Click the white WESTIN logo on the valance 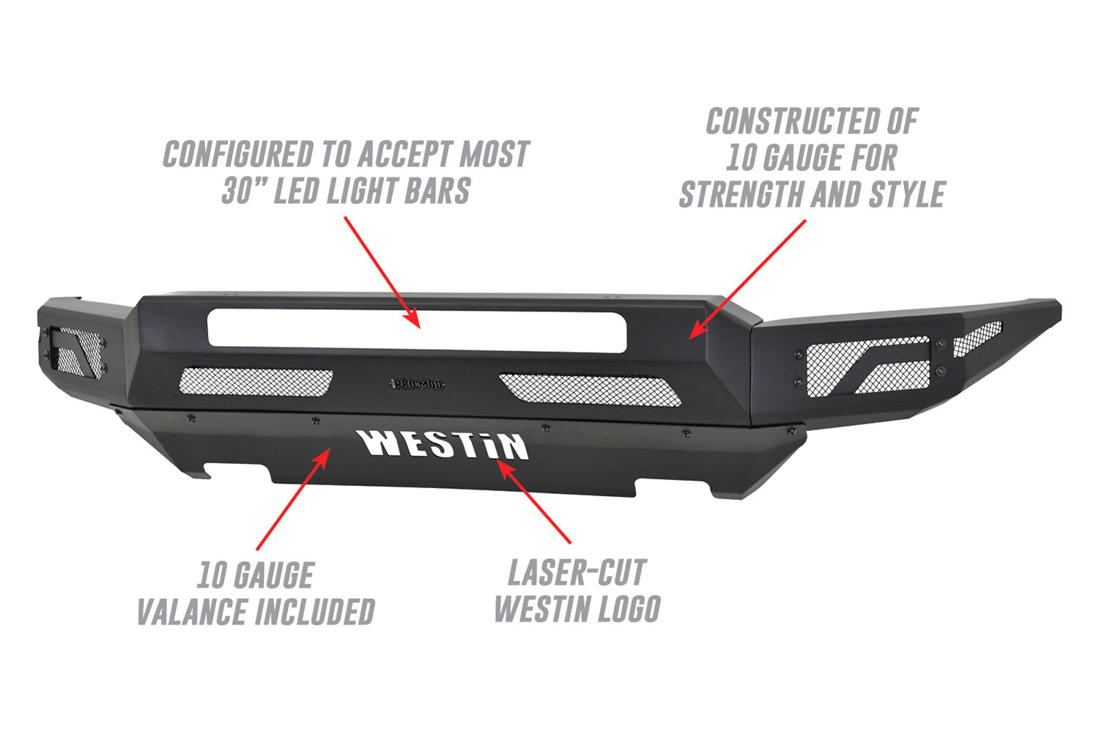click(x=444, y=445)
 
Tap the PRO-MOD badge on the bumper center click(x=417, y=384)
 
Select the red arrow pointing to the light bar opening click(x=382, y=272)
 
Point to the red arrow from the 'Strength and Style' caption click(x=747, y=279)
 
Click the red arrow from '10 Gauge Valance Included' click(x=293, y=499)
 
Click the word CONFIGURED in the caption click(x=238, y=154)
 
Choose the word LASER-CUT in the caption click(x=577, y=572)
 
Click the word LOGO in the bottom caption click(x=628, y=609)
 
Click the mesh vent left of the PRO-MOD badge click(x=256, y=381)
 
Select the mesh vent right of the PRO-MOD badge click(x=590, y=390)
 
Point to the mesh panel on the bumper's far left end click(x=78, y=352)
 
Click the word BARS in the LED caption click(x=437, y=191)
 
